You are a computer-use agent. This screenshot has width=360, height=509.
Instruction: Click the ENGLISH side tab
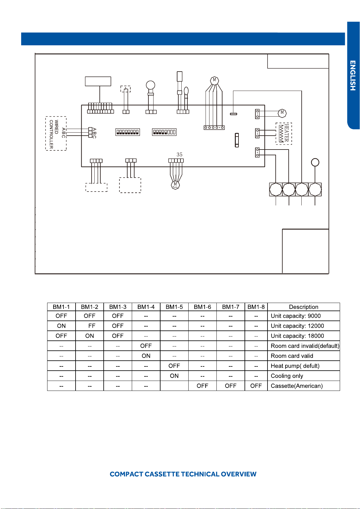coord(353,76)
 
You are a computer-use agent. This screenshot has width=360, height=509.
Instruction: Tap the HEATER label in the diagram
coord(287,133)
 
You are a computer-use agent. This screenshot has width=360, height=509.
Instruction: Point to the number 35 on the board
coord(180,155)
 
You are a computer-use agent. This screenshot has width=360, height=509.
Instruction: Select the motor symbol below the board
coord(175,185)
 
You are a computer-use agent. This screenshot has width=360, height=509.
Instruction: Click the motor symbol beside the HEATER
coord(282,113)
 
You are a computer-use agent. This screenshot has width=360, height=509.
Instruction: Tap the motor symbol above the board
coord(214,80)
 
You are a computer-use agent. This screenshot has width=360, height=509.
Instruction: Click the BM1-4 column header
coord(146,307)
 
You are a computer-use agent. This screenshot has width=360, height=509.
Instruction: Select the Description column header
coord(303,307)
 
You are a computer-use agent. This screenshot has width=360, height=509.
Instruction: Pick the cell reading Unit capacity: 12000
coord(303,326)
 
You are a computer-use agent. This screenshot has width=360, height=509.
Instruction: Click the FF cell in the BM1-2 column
coord(89,326)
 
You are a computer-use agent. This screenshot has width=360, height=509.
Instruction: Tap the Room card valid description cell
coord(303,356)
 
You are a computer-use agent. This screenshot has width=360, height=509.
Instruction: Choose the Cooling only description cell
coord(303,376)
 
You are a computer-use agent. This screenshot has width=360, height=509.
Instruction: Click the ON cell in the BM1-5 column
coord(174,376)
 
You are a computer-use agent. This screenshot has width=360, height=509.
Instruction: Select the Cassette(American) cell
coord(303,386)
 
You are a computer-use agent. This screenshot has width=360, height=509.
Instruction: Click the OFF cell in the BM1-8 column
coord(256,386)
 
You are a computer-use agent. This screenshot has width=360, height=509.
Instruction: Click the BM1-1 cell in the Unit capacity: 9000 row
coord(61,316)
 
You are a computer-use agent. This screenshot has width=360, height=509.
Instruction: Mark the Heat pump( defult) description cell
coord(303,366)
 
